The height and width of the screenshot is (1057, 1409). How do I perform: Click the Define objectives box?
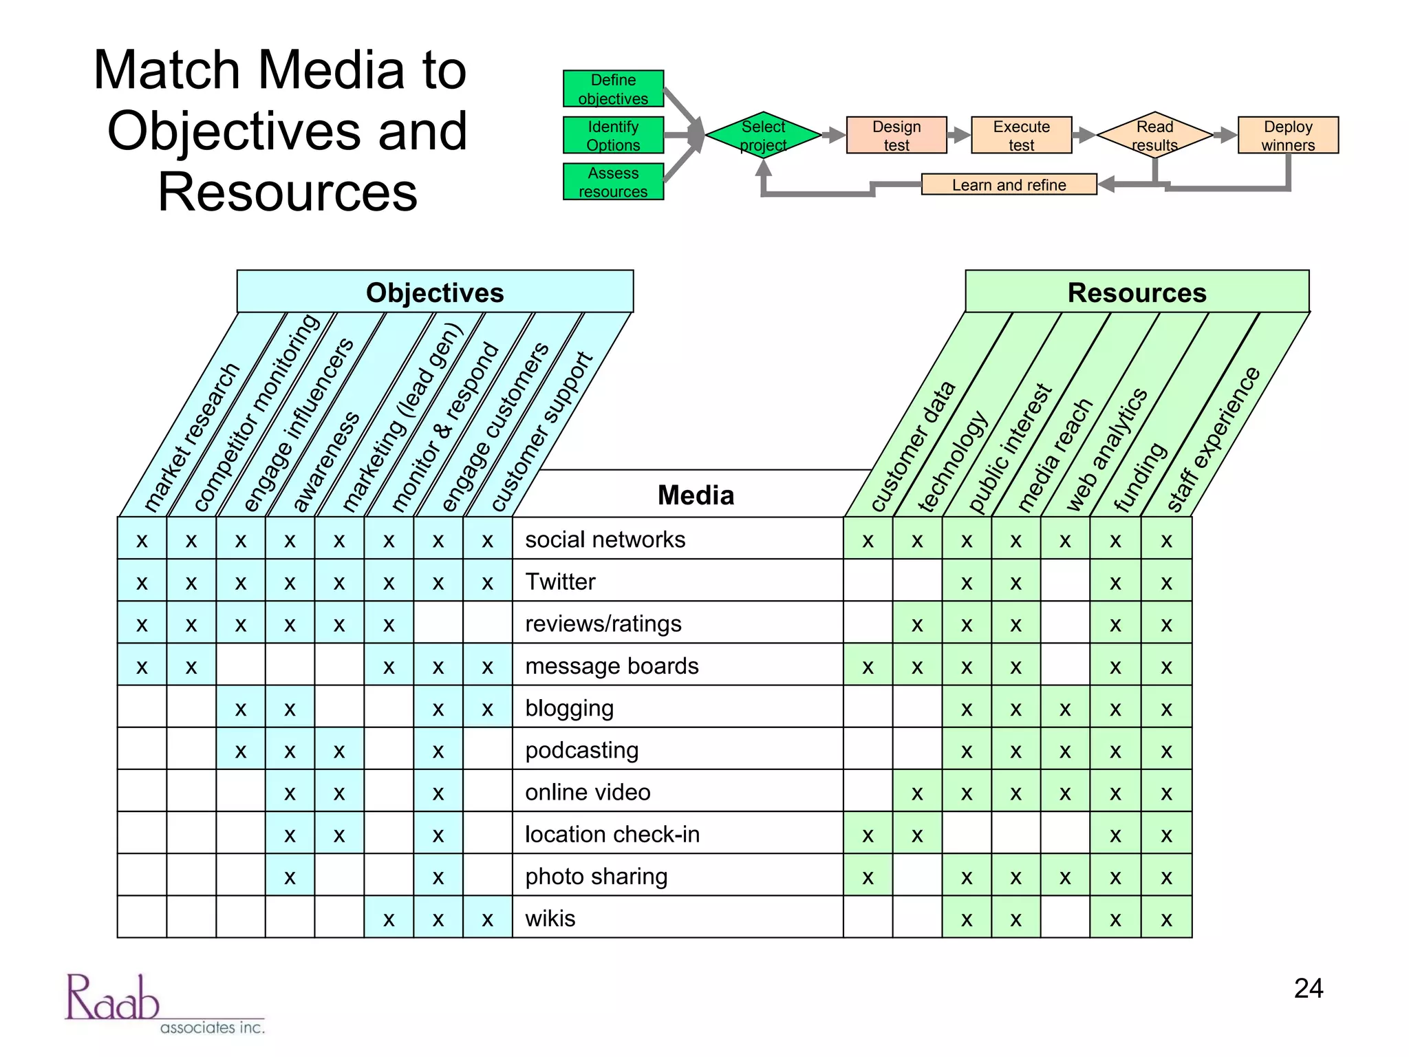613,89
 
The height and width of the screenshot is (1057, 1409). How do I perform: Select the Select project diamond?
763,136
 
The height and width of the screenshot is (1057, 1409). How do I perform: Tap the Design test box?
896,136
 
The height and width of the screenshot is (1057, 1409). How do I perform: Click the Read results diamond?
1154,136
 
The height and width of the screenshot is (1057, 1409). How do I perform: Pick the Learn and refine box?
1008,184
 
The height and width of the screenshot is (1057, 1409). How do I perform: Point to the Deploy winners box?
1287,136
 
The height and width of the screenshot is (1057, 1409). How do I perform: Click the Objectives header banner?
435,292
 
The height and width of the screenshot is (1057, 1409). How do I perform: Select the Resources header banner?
1137,292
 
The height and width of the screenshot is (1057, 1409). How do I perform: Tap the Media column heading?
695,495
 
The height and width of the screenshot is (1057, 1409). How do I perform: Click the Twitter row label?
560,581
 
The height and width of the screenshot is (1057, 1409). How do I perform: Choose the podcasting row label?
581,750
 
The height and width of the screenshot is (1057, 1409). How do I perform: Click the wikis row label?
550,918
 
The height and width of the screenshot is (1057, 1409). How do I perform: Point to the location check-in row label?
612,834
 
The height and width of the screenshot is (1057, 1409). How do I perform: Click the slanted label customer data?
912,447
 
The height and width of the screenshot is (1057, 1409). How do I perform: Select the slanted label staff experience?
1213,440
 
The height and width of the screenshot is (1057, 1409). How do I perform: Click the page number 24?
1308,988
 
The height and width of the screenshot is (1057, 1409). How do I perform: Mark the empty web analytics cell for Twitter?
1065,581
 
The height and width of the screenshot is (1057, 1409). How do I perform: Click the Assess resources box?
613,182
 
